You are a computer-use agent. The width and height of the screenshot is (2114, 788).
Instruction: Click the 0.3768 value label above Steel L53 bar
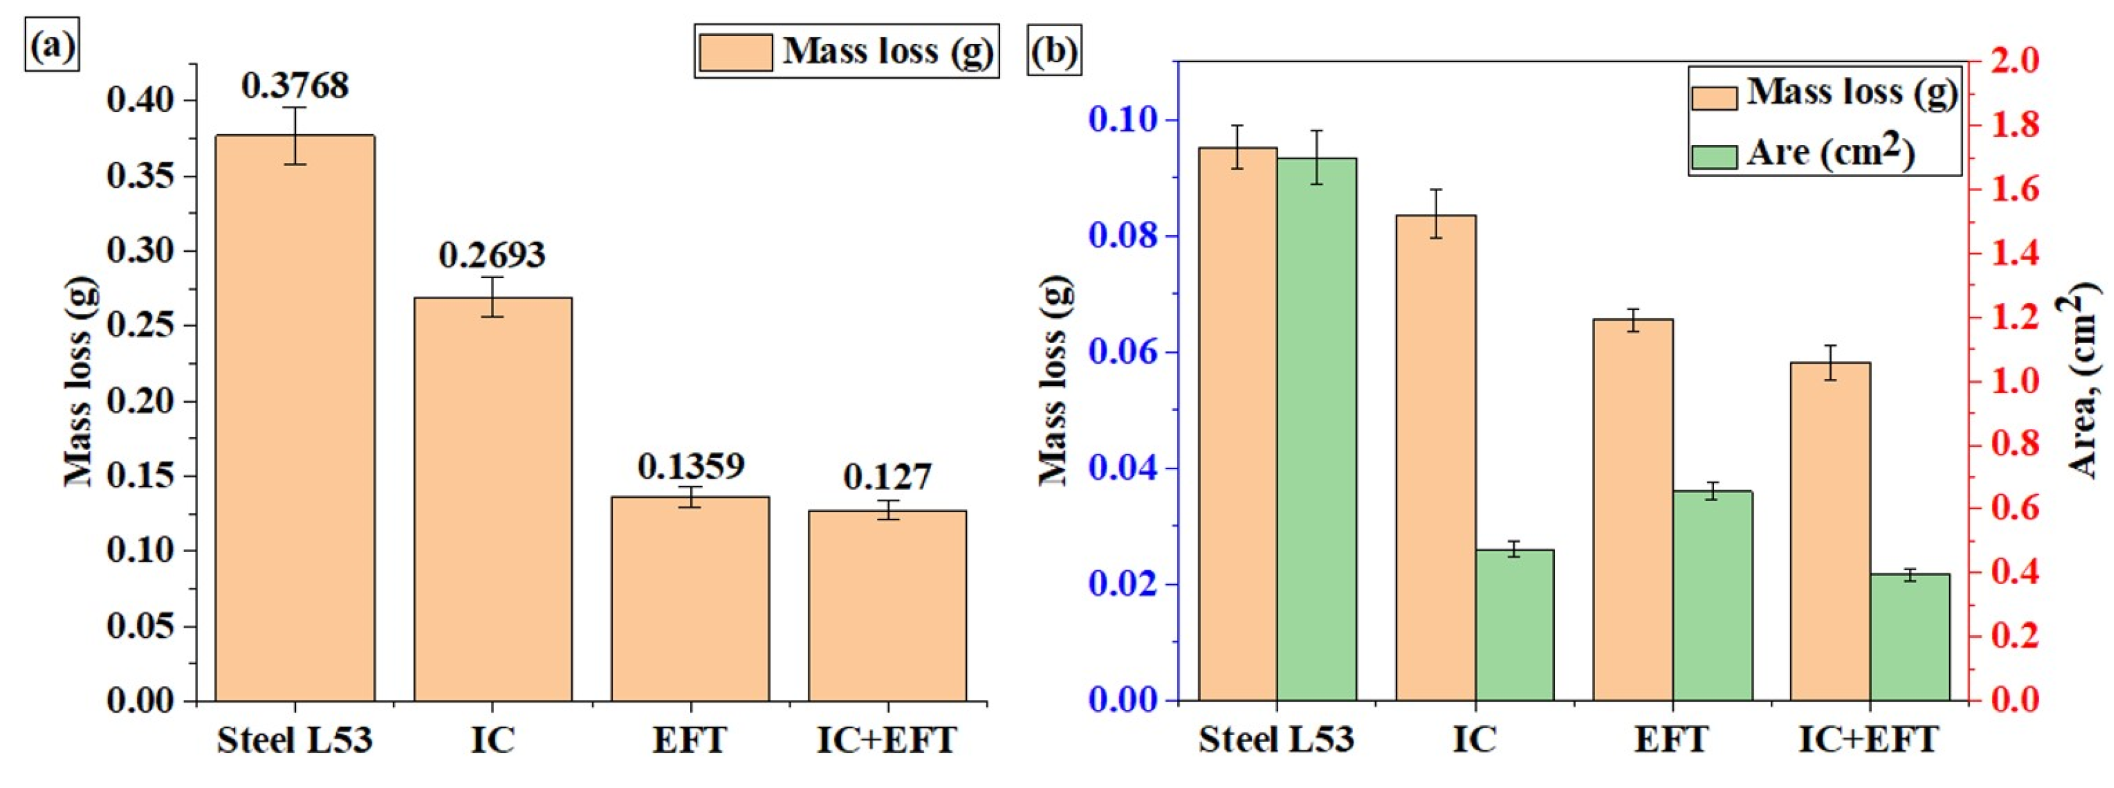(x=295, y=86)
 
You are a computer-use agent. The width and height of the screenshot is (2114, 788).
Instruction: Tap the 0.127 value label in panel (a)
(x=887, y=477)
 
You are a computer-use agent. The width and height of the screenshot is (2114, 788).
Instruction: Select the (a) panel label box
(x=52, y=49)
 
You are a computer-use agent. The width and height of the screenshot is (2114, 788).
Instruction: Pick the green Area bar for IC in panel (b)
(x=1515, y=624)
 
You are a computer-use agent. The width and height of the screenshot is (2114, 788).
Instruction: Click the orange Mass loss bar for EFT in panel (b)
(x=1632, y=509)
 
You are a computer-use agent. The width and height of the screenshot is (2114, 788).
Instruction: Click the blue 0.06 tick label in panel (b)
(x=1123, y=353)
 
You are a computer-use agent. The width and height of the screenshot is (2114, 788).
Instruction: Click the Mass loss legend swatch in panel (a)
(x=736, y=52)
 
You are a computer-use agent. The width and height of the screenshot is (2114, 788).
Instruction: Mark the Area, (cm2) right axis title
(x=2081, y=382)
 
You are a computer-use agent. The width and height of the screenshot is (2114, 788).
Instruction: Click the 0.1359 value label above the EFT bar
(x=690, y=465)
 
